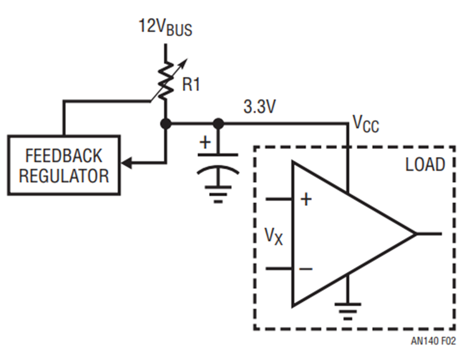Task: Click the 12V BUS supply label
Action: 166,28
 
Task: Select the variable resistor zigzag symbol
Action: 166,81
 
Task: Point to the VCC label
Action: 366,124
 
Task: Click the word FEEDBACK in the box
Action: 64,156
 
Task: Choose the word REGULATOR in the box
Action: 64,176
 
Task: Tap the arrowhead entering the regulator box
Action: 126,163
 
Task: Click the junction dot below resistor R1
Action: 166,123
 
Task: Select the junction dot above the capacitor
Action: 219,123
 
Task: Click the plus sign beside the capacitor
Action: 205,142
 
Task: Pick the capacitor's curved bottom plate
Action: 218,170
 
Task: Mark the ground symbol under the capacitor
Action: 218,194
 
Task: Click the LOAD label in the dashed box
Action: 425,164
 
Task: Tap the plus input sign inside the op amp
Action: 306,199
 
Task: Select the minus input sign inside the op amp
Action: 306,269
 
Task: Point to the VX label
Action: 274,237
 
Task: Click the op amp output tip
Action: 415,234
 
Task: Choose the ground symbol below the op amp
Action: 348,311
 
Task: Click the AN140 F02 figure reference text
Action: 433,341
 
